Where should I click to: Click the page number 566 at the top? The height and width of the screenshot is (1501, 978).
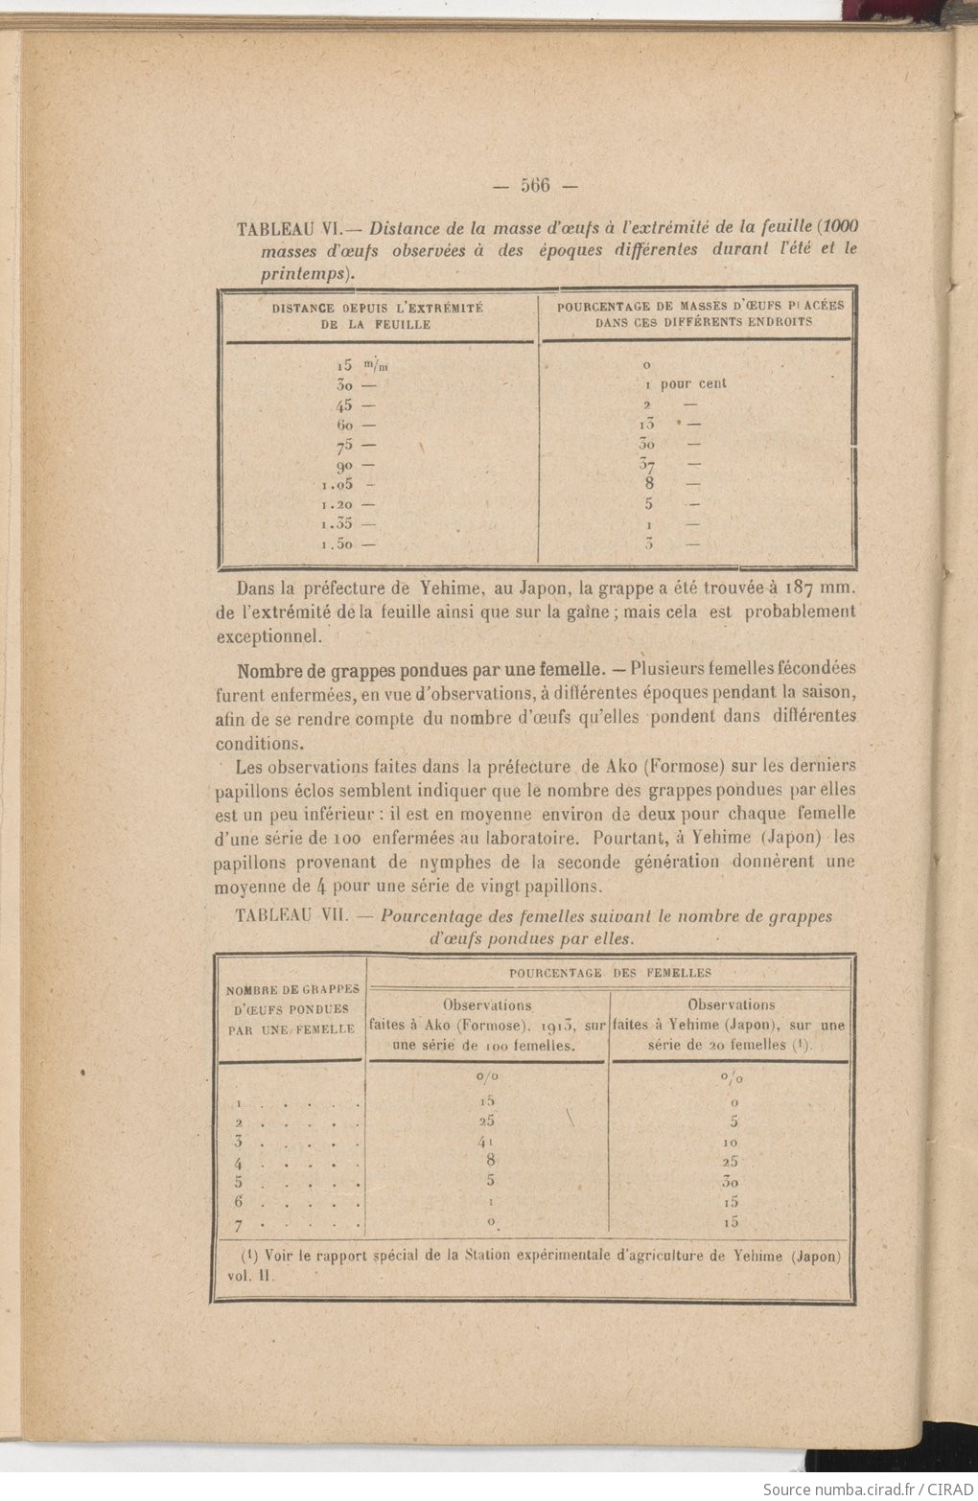pos(536,185)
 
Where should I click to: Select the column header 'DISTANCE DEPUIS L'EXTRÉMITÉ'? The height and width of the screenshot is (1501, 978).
pos(377,308)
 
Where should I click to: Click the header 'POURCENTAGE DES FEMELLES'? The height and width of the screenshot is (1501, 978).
pos(610,973)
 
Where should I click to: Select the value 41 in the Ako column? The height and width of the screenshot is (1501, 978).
pos(489,1142)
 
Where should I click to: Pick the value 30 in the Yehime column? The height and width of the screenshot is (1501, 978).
pos(729,1182)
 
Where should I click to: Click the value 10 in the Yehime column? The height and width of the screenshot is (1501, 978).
pos(729,1142)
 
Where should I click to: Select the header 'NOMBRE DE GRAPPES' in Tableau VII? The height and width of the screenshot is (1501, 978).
pos(291,989)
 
